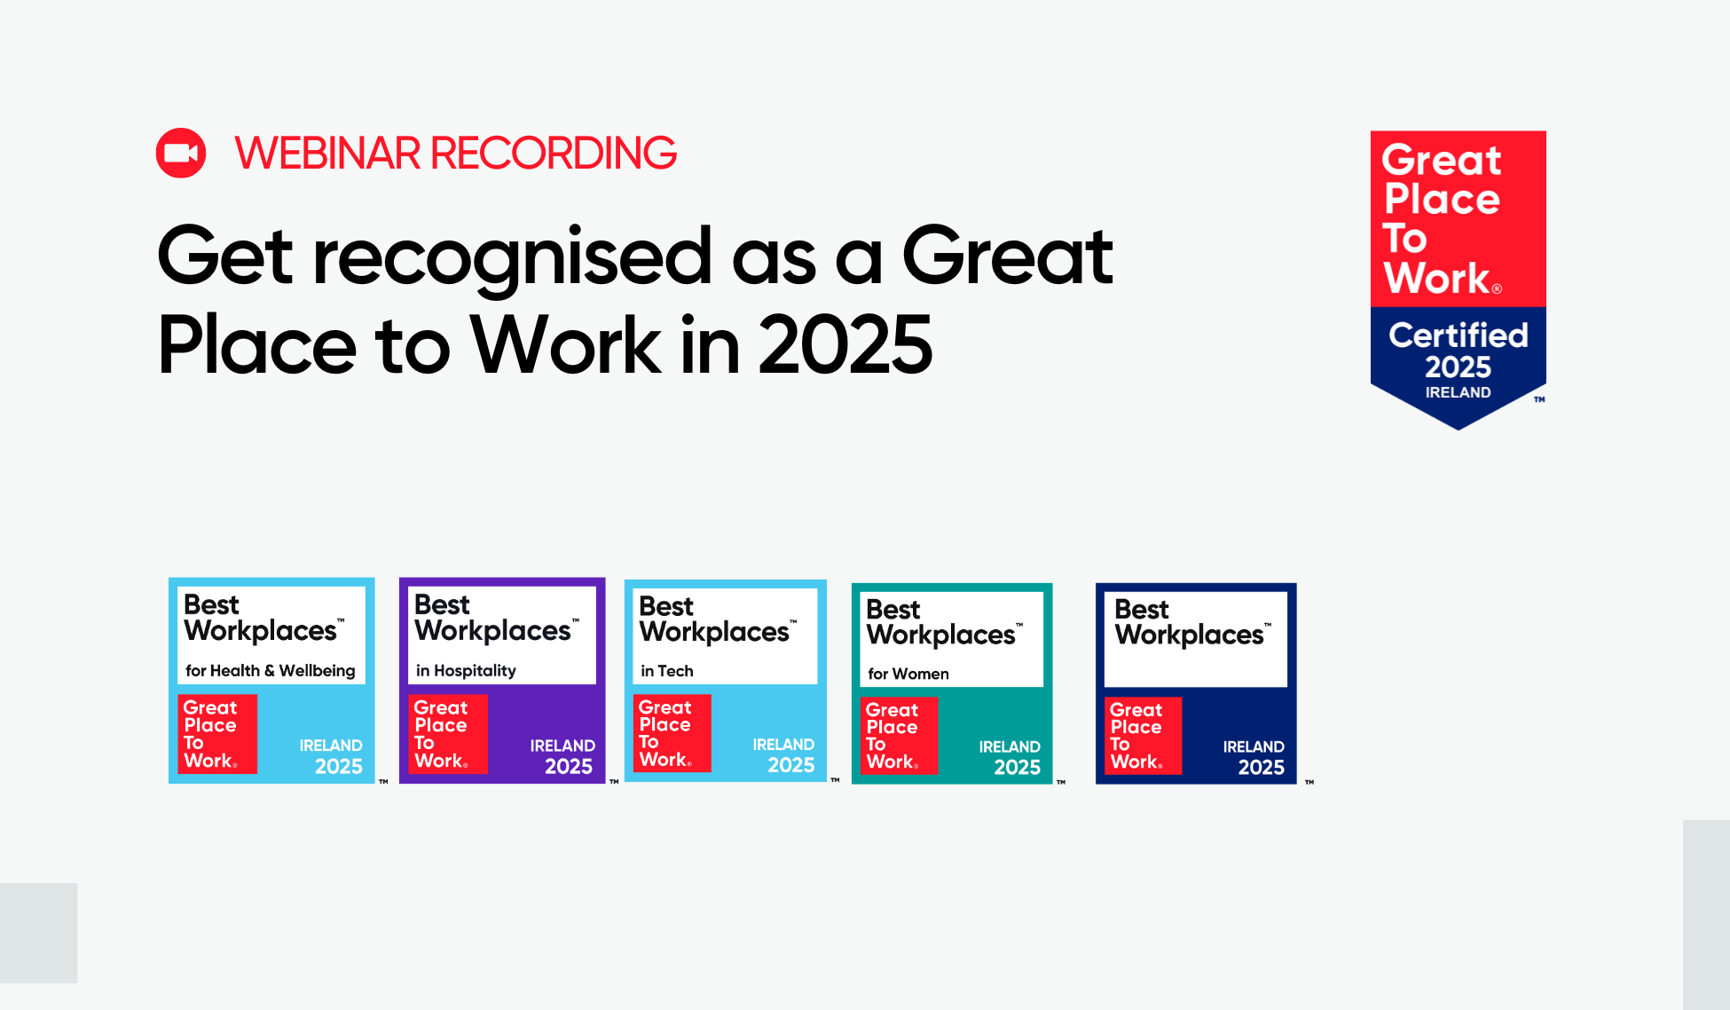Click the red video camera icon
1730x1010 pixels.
[181, 153]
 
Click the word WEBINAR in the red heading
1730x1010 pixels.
[327, 154]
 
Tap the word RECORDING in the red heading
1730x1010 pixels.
[554, 154]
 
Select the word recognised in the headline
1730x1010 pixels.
[512, 258]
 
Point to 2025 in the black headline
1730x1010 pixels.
[845, 344]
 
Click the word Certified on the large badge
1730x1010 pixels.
[1459, 335]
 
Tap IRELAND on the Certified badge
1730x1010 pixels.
[1459, 392]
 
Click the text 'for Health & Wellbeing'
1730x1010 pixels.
[271, 671]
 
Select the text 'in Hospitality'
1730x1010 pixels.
[466, 671]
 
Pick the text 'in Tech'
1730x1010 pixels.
[667, 671]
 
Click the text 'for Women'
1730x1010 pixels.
[908, 674]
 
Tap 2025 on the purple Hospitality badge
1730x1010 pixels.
[569, 767]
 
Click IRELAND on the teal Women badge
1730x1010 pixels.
[1010, 747]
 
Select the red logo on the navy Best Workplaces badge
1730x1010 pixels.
[1143, 736]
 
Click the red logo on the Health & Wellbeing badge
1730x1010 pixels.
[217, 734]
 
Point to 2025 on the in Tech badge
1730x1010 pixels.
[791, 765]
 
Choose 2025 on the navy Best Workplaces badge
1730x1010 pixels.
[1262, 768]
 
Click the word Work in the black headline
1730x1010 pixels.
[564, 344]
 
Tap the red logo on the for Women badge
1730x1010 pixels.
[899, 736]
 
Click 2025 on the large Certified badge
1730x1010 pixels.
[1459, 367]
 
